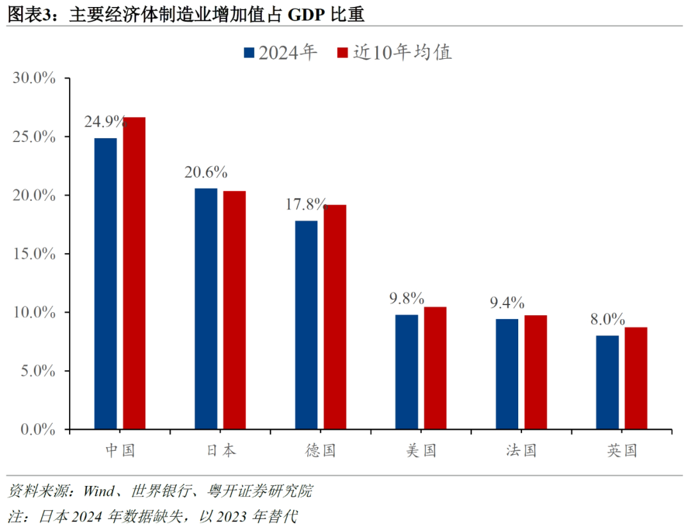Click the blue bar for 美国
click(407, 372)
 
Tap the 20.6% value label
click(206, 172)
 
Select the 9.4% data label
click(507, 303)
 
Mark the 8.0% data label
click(608, 319)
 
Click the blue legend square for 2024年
click(250, 52)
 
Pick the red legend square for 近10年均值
click(342, 52)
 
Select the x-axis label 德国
click(321, 450)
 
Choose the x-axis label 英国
click(623, 450)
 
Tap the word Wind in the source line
click(97, 491)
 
